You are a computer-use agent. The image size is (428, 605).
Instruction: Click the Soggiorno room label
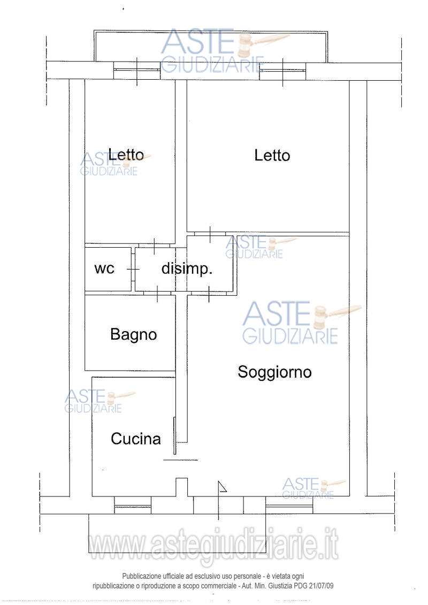point(274,372)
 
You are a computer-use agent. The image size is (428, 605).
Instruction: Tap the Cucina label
point(135,439)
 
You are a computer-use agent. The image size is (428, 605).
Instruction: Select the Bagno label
point(134,334)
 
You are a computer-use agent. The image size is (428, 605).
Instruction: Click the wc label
point(104,269)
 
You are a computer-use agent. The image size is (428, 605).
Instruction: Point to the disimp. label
point(187,269)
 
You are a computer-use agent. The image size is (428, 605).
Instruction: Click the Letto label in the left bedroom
point(126,155)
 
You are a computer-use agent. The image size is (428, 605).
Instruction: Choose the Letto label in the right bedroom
point(272,156)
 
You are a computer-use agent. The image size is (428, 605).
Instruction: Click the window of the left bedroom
point(137,70)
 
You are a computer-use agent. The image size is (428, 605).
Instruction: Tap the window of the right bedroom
point(283,71)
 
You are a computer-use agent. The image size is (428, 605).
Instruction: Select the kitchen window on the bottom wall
point(132,505)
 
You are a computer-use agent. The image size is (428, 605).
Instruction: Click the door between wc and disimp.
point(133,269)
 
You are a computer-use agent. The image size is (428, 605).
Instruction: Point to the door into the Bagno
point(157,293)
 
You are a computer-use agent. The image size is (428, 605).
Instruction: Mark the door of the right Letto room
point(210,234)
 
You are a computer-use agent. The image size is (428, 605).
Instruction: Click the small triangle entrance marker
point(222,487)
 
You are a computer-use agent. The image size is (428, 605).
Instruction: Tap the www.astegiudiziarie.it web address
point(213,544)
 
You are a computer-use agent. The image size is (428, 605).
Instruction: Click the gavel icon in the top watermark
point(263,44)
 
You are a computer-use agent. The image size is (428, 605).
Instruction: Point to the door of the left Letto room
point(155,246)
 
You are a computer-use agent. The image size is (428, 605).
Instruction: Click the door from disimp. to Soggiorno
point(209,293)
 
